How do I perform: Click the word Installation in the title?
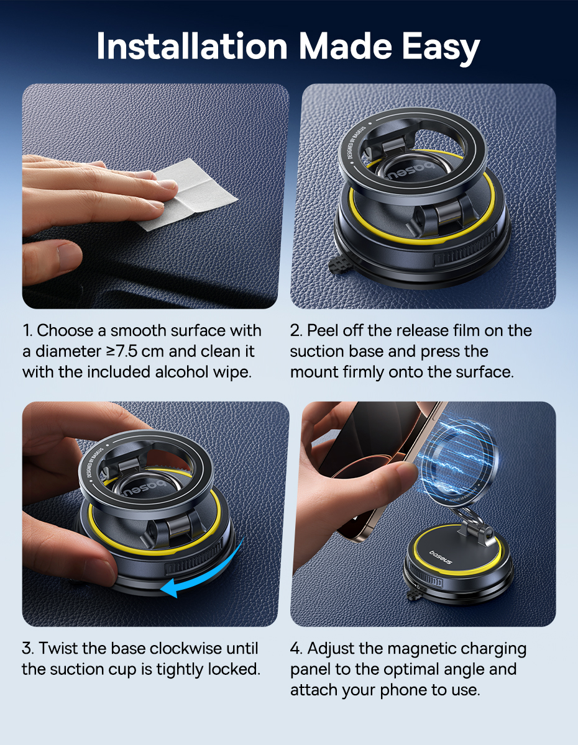pyautogui.click(x=192, y=46)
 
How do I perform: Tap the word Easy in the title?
pyautogui.click(x=441, y=48)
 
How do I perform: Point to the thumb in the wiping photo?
pyautogui.click(x=52, y=261)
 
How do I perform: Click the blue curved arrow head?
pyautogui.click(x=170, y=589)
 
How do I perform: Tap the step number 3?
pyautogui.click(x=27, y=648)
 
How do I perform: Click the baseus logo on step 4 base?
pyautogui.click(x=441, y=557)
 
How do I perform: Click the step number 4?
pyautogui.click(x=296, y=648)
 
